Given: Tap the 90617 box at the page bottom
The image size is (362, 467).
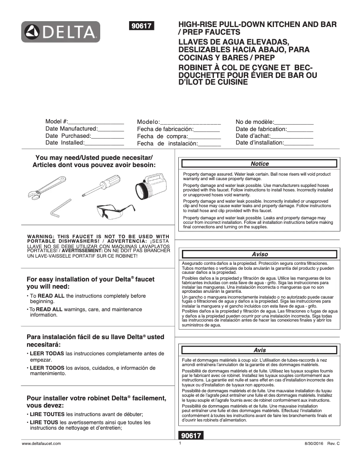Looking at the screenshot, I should point(191,435).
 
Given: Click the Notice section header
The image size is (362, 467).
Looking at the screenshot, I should point(260,164).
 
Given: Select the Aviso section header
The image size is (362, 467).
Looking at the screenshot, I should point(260,254).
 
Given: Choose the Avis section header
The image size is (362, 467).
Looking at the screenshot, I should point(260,350).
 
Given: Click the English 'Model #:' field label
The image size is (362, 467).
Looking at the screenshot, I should point(57,122).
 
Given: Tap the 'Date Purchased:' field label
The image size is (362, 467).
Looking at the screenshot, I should point(68,136).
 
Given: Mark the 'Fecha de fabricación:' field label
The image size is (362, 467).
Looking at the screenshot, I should point(165,129).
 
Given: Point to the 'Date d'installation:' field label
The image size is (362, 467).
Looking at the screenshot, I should point(260,143).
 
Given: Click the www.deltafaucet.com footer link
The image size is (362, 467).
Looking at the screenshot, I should point(41,444).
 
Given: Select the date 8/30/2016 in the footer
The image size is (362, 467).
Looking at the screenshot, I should point(315,444).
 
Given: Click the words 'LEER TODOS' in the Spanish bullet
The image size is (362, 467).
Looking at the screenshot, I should point(47,368).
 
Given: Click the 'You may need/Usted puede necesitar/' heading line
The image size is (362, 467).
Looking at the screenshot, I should point(94,158).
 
